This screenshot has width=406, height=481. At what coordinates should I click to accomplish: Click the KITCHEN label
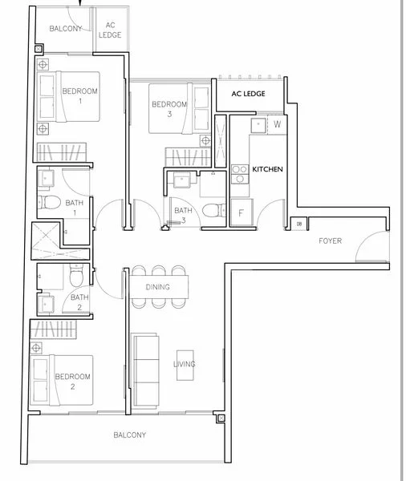(x=267, y=169)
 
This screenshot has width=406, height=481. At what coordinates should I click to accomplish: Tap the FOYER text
(x=330, y=240)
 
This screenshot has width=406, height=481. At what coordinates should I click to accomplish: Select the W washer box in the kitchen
(x=277, y=124)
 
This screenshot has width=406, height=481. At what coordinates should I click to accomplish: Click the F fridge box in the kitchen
(x=242, y=212)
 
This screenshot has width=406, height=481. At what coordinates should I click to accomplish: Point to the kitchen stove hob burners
(x=240, y=174)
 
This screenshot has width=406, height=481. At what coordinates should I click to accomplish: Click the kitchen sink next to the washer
(x=258, y=125)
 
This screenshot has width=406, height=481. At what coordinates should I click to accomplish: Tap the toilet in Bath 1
(x=49, y=203)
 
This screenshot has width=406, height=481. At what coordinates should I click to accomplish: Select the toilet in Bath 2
(x=76, y=274)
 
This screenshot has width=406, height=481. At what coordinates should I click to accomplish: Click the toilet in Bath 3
(x=215, y=210)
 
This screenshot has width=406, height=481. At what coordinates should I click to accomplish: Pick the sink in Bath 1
(x=46, y=178)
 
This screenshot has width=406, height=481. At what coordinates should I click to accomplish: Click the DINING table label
(x=157, y=287)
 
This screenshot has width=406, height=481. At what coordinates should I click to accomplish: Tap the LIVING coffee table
(x=185, y=366)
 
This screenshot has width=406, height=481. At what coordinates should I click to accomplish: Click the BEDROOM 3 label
(x=169, y=109)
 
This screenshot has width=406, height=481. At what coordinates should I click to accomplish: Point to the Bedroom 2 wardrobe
(x=53, y=329)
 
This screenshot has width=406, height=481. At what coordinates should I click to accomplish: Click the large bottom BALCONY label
(x=130, y=435)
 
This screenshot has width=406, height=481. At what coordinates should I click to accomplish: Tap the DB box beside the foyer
(x=299, y=224)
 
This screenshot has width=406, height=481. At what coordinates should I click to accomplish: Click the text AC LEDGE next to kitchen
(x=248, y=94)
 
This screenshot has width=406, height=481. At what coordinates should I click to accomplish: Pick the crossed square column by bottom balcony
(x=221, y=418)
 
